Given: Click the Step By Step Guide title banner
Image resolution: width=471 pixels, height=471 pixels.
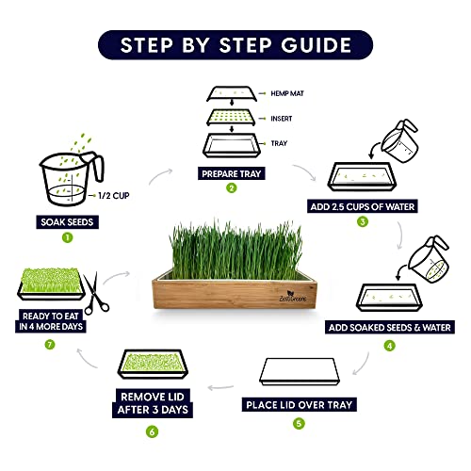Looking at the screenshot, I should (x=235, y=44).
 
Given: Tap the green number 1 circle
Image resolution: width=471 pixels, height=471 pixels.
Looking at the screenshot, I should (x=67, y=237).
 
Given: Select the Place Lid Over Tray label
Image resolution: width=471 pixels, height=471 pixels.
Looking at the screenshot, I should (x=300, y=407).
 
